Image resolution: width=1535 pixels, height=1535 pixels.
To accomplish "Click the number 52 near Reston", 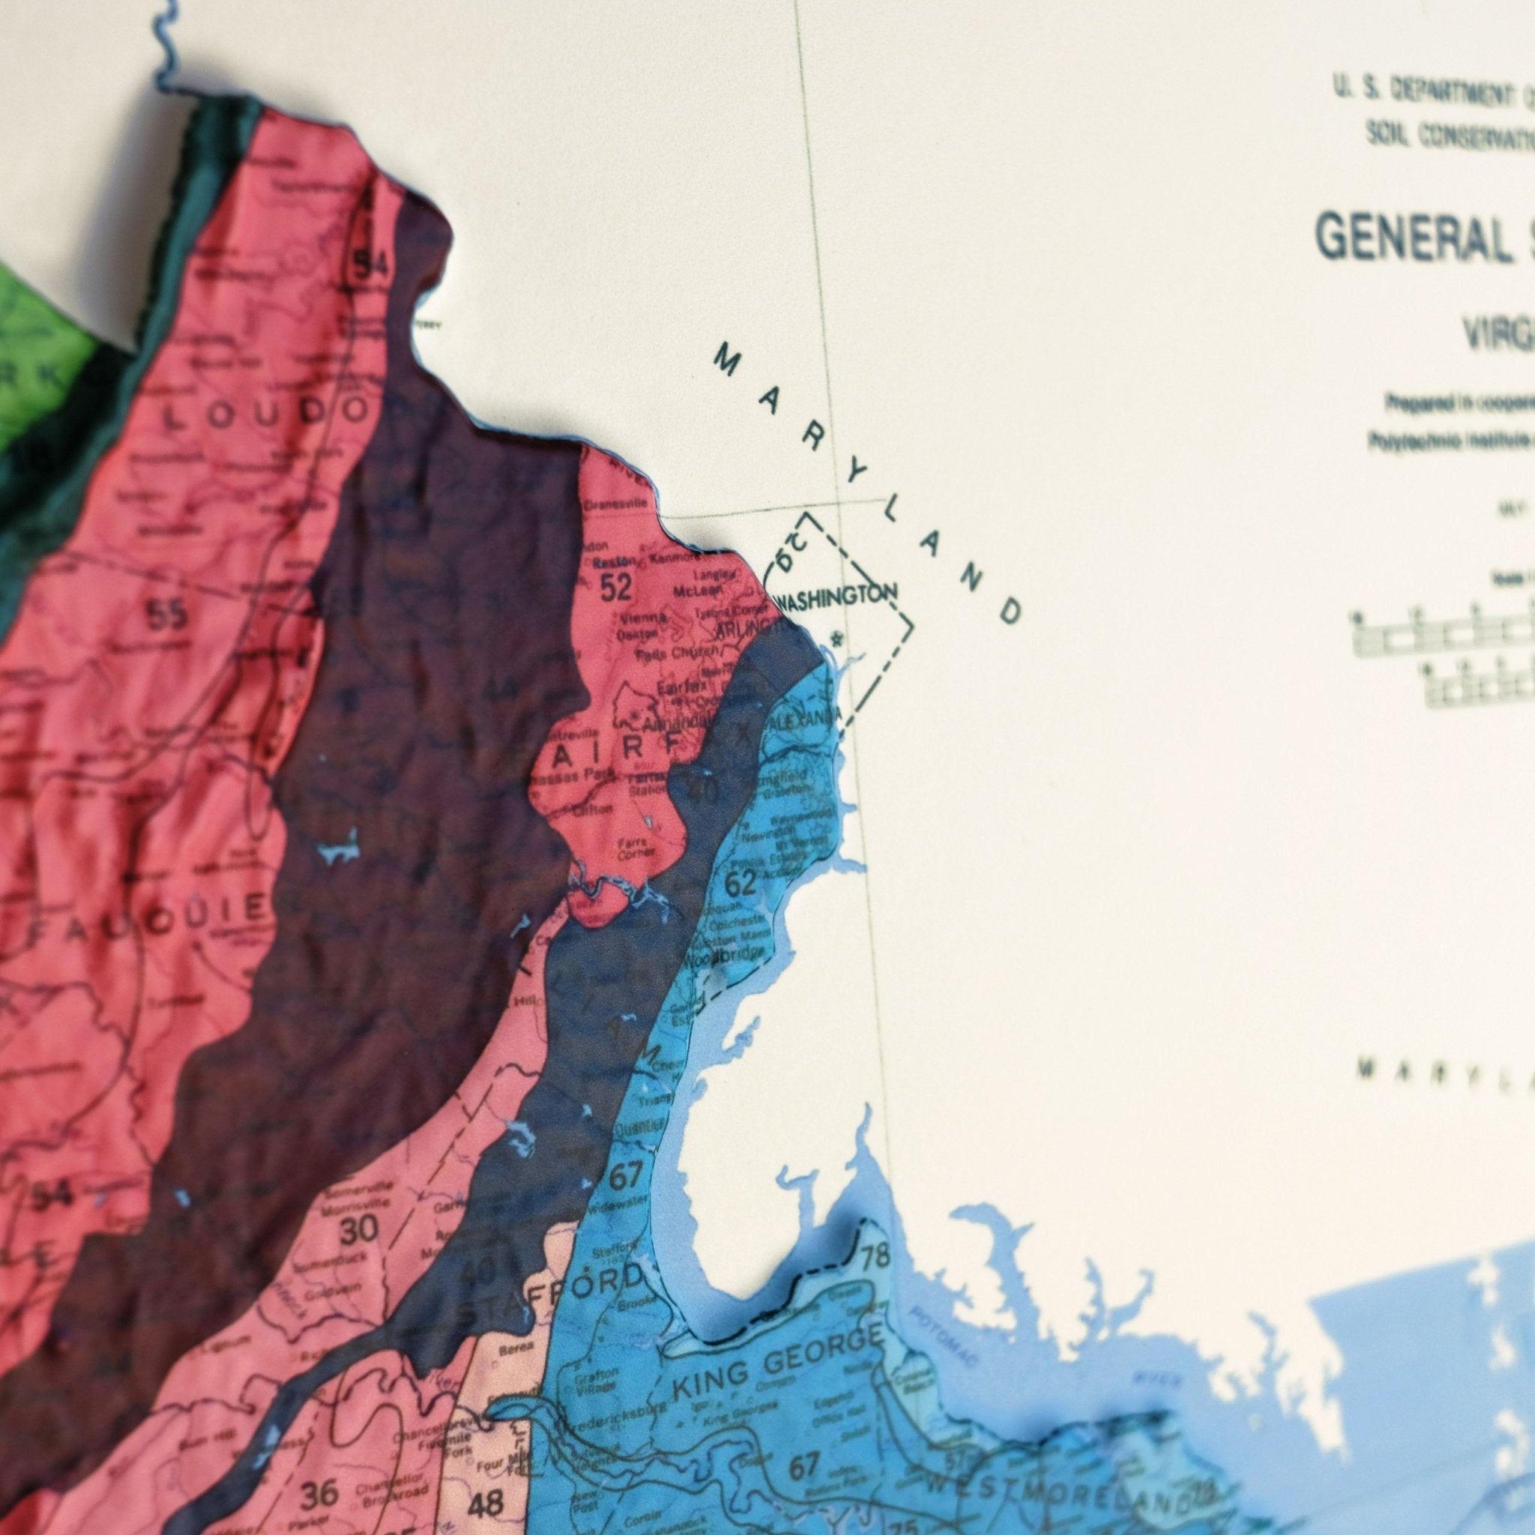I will [x=616, y=587].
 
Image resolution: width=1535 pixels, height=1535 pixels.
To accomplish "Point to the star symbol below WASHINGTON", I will [x=835, y=637].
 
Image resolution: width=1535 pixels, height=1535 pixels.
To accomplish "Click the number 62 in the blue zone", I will [x=741, y=883].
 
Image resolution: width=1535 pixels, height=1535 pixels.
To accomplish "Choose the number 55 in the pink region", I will [x=168, y=613].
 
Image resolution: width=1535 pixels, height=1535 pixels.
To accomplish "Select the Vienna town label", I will [x=638, y=618].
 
